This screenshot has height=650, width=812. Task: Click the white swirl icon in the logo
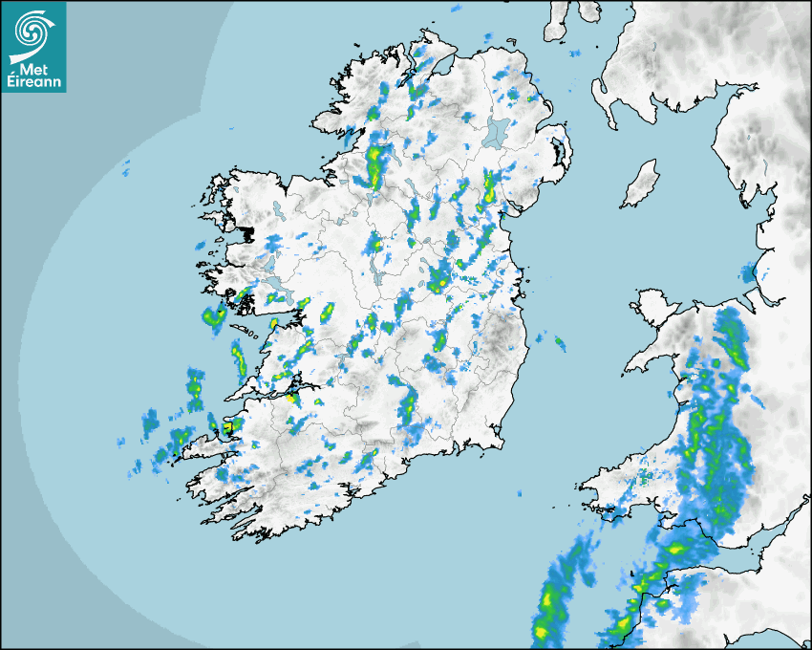31,31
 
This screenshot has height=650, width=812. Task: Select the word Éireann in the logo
36,83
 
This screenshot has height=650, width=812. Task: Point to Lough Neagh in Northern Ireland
496,132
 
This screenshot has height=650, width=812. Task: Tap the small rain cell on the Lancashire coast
747,274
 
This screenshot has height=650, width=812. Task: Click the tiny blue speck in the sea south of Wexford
519,494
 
